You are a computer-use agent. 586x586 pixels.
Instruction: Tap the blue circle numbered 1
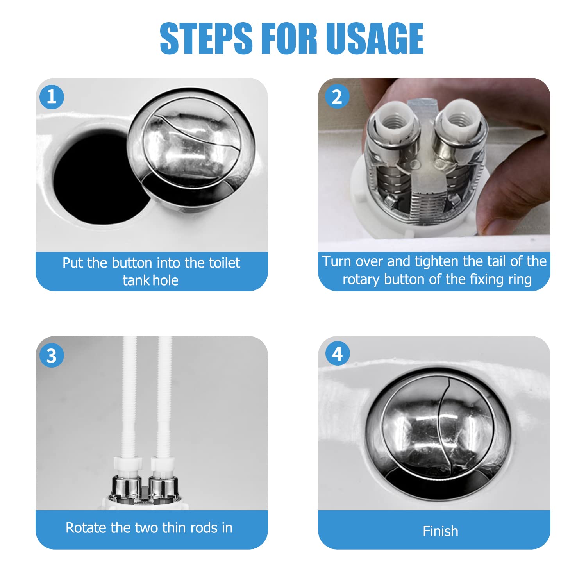click(52, 97)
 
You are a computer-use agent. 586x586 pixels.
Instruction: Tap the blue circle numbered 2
click(337, 97)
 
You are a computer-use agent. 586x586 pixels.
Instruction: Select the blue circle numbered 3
click(52, 355)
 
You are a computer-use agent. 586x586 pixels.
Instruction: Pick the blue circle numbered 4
click(338, 354)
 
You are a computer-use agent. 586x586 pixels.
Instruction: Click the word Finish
click(440, 531)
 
